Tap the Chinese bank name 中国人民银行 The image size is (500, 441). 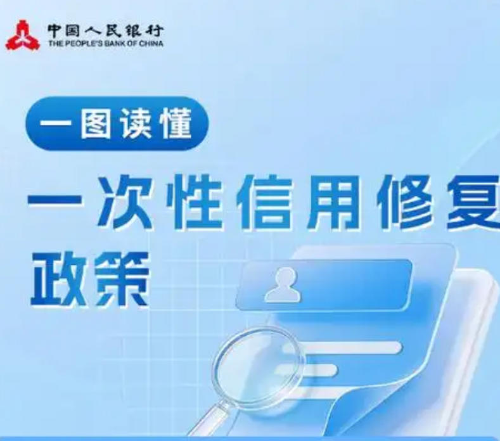[x=105, y=29]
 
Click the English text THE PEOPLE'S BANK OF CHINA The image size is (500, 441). [x=105, y=44]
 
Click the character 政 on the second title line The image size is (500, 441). [x=56, y=279]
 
